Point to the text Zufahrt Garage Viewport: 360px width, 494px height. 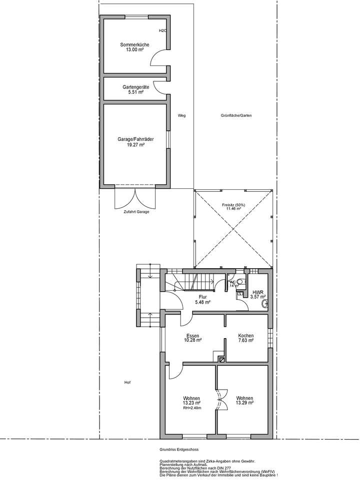coord(136,212)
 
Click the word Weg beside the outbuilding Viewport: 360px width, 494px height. coord(181,115)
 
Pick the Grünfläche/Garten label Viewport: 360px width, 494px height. coord(236,115)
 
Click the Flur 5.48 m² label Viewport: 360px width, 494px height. coord(202,299)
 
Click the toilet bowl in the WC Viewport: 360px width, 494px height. coord(240,282)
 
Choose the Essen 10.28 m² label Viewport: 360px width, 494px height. coord(192,338)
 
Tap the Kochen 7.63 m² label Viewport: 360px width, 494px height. coord(245,338)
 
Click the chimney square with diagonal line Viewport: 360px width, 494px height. coord(221,358)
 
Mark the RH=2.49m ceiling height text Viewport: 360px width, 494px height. coord(192,408)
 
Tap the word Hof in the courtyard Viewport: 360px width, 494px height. coord(127,383)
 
